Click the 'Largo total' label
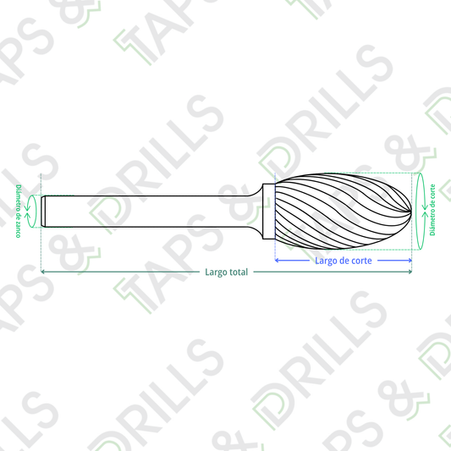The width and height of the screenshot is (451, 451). click(x=227, y=272)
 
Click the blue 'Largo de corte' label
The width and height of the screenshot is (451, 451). click(x=344, y=261)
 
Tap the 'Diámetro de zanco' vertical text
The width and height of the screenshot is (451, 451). click(x=18, y=212)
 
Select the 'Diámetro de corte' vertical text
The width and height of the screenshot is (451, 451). click(x=432, y=210)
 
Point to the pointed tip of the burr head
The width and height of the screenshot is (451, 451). click(x=411, y=212)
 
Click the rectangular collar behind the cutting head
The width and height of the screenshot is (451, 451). click(x=268, y=212)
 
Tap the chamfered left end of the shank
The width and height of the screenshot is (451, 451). click(x=43, y=212)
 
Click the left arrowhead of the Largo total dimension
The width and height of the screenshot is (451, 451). click(x=42, y=272)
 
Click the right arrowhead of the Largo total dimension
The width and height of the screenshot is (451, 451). click(x=410, y=272)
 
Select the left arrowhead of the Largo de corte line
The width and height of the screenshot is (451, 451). click(x=277, y=261)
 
